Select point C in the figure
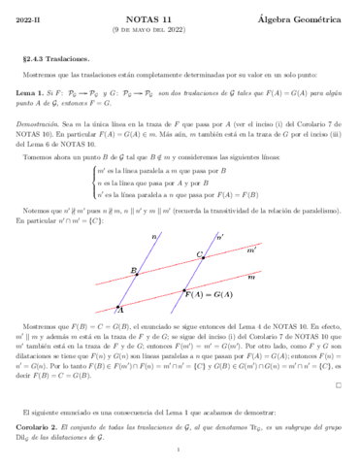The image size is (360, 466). [202, 254]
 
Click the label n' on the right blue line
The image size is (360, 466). [221, 236]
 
